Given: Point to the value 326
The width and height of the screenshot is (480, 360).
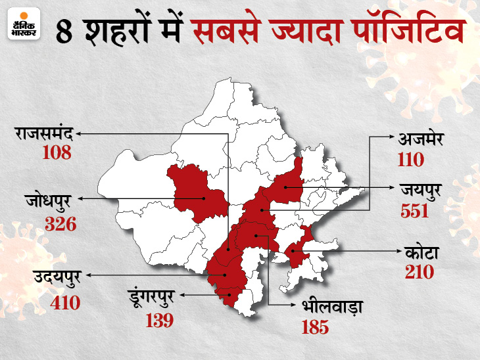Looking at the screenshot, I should point(60,223).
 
